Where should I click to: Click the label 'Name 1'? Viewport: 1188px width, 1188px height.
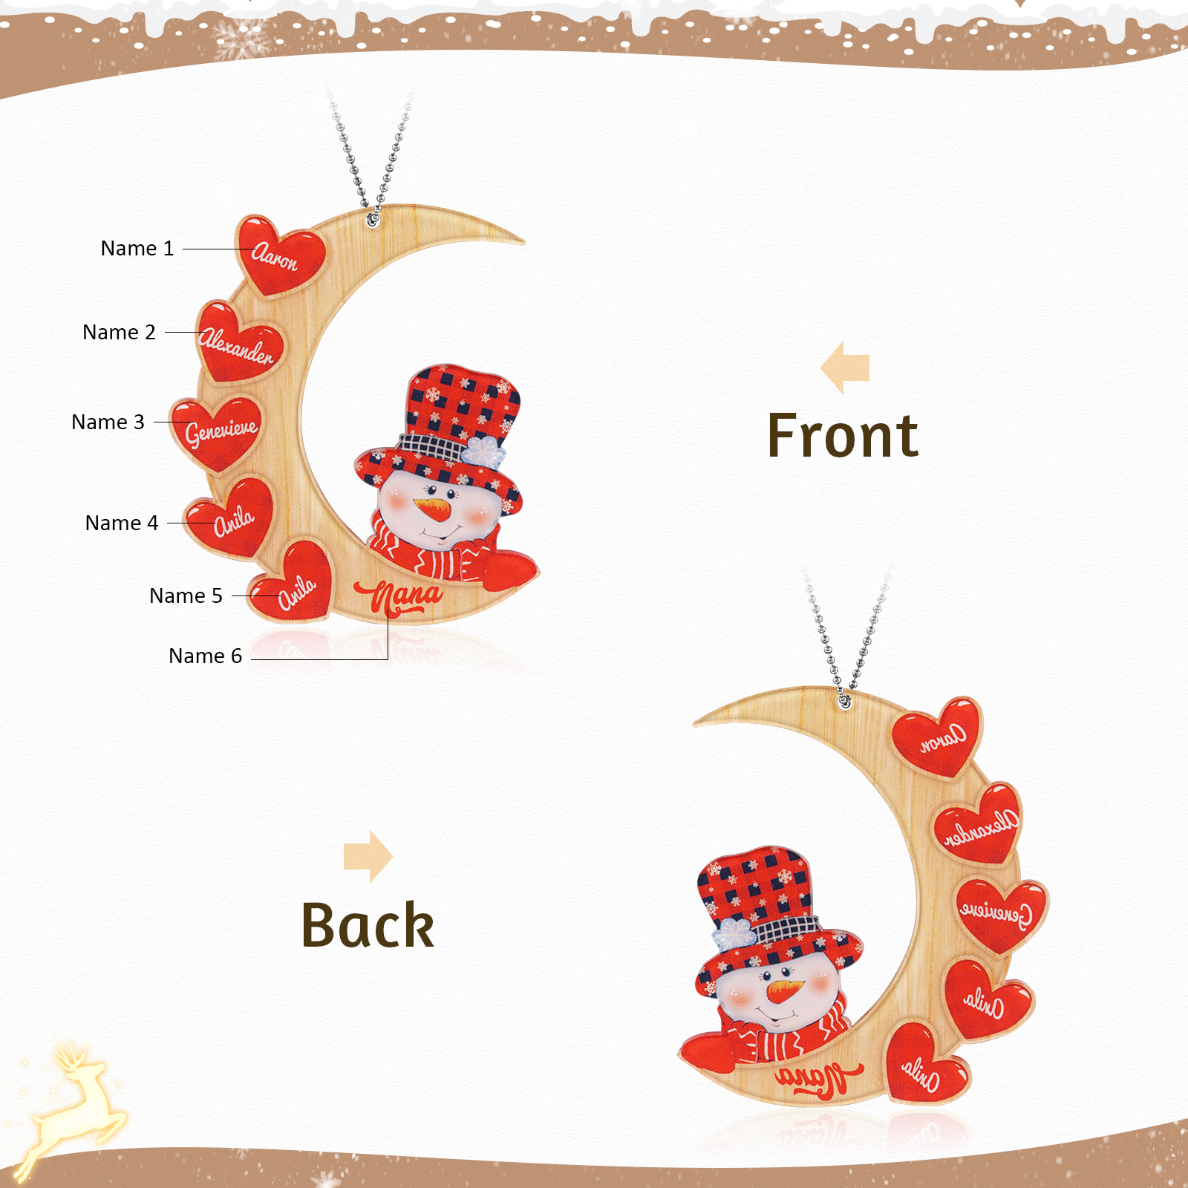[137, 248]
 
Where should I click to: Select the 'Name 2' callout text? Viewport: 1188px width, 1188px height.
[119, 332]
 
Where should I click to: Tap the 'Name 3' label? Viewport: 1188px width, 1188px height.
[108, 422]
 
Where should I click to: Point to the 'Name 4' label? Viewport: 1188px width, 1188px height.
[122, 523]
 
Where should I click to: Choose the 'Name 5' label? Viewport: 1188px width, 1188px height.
[186, 595]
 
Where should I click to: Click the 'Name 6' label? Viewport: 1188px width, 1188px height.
[205, 656]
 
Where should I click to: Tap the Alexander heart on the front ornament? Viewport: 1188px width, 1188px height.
[240, 343]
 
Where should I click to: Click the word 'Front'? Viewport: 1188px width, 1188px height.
[843, 436]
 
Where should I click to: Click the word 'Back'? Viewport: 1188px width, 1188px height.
[368, 925]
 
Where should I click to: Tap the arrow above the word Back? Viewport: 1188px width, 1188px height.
[368, 856]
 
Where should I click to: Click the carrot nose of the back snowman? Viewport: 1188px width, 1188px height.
[785, 990]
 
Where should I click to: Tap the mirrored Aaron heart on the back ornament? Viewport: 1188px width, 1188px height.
[938, 735]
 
